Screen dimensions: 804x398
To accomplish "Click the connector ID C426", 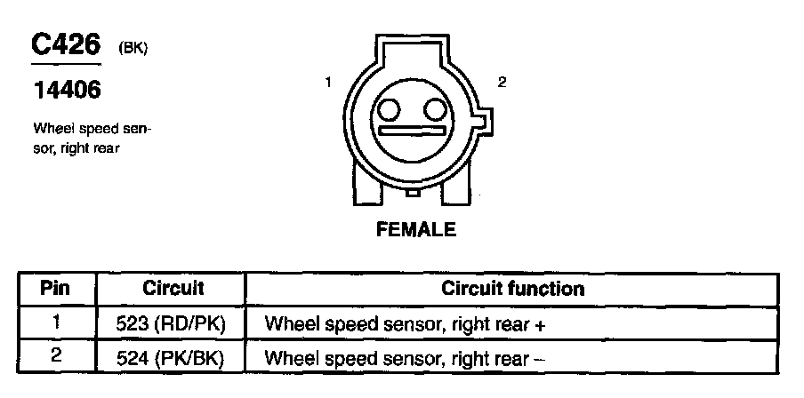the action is tap(67, 45).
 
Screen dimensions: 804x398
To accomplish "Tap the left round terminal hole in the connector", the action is tap(390, 109).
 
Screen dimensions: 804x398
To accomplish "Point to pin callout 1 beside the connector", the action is tap(328, 83).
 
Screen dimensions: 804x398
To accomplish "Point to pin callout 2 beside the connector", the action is tap(502, 83).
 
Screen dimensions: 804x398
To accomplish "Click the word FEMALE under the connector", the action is tap(416, 230).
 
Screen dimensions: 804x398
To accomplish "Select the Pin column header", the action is tap(56, 289).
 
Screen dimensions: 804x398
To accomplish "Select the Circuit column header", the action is tap(173, 289).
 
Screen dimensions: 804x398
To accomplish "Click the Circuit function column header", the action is tap(513, 289).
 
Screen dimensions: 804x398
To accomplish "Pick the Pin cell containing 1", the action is tap(56, 323).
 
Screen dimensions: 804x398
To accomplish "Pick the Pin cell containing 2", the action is tap(56, 358).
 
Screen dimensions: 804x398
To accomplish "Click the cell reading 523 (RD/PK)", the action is tap(173, 324).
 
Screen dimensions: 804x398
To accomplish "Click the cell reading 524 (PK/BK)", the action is tap(173, 359).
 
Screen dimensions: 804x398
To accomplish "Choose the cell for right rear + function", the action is tap(405, 324).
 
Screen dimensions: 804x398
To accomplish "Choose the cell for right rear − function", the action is tap(405, 359).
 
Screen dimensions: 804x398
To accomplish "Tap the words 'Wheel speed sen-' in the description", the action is tap(92, 130).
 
